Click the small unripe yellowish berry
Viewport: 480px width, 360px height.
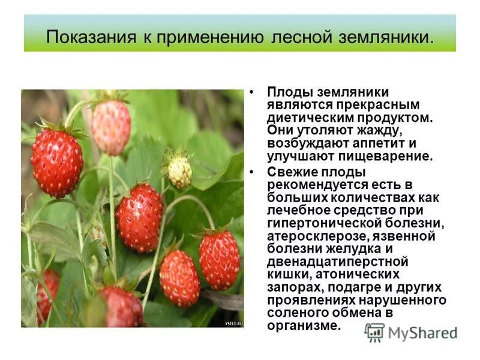point(179,172)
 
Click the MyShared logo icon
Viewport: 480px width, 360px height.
point(375,332)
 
